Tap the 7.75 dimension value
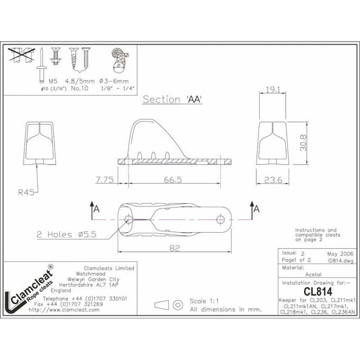104,180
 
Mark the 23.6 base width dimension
273,180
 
